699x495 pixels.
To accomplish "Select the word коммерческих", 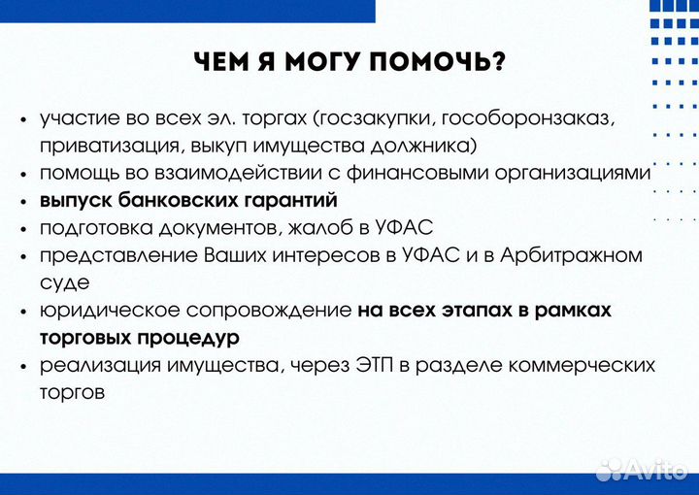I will [x=585, y=366].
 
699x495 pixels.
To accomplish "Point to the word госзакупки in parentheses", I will [x=368, y=118].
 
